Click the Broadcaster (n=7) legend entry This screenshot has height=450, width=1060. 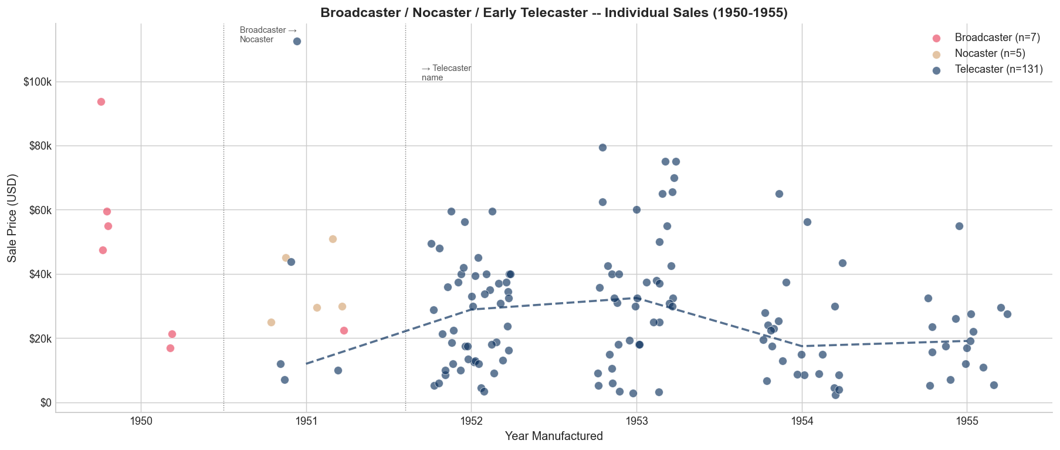[997, 38]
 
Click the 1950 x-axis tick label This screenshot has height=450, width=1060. [141, 420]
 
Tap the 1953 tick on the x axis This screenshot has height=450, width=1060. [636, 420]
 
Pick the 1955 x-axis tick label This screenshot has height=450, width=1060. [967, 420]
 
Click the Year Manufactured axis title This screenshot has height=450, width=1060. [553, 436]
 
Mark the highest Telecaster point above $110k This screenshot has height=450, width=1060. [297, 41]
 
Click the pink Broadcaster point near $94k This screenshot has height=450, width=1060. [101, 101]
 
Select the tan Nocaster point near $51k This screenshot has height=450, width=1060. [333, 239]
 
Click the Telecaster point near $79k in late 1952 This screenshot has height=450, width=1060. [602, 147]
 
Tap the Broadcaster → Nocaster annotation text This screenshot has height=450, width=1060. [268, 35]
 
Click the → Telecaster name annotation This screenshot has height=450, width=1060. [446, 73]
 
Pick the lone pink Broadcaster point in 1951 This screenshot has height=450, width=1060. [344, 330]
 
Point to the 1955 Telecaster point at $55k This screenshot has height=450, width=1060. [959, 226]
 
